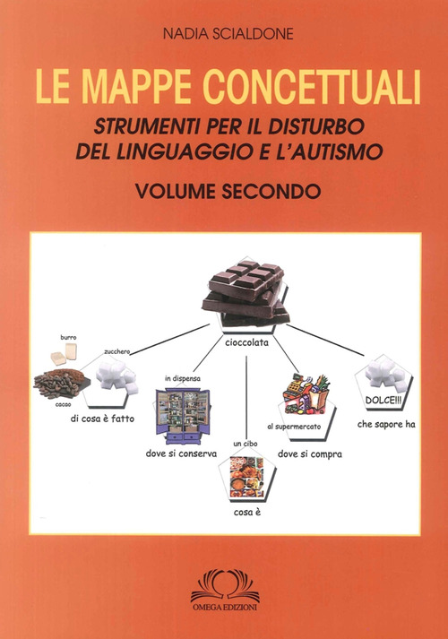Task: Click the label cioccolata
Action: tap(246, 341)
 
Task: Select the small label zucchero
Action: tap(117, 352)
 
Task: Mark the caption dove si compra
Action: tap(310, 453)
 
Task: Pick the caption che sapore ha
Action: tap(384, 423)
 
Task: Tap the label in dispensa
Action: tap(183, 379)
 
